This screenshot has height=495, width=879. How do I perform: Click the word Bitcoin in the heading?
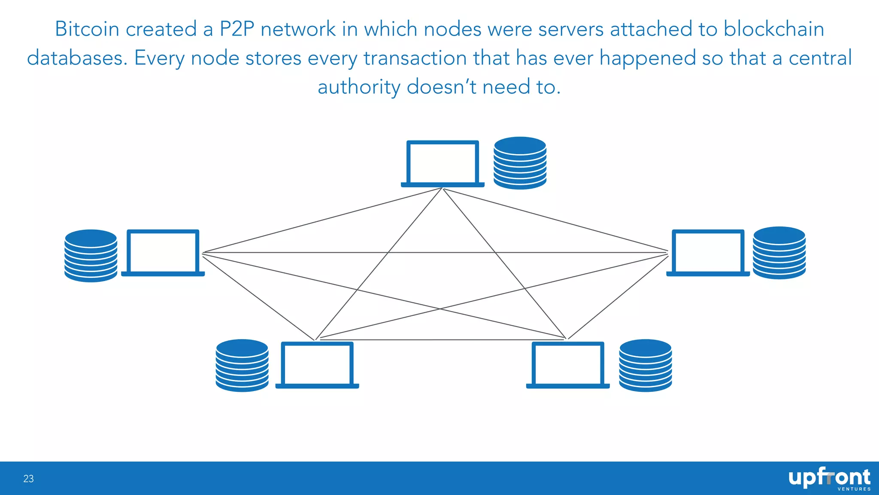coord(87,29)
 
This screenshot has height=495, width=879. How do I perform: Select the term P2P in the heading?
coord(237,29)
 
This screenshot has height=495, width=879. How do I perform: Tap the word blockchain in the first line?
coord(773,29)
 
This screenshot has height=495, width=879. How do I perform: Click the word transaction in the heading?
coord(415,58)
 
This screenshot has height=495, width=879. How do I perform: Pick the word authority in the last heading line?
coord(359,87)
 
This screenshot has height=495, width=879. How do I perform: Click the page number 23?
coord(28,479)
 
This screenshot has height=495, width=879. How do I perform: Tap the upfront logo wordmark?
coord(829,477)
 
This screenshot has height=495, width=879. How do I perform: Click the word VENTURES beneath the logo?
coord(854,489)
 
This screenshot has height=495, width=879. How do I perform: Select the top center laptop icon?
coord(443,164)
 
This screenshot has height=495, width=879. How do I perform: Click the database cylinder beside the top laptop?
coord(520,163)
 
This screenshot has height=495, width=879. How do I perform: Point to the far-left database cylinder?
coord(91,256)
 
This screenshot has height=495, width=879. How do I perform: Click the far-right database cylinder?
coord(779,253)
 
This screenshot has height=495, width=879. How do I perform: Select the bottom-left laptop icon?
coord(317,365)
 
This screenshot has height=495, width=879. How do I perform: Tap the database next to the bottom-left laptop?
coord(242,365)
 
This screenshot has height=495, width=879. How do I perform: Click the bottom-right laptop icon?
coord(568,365)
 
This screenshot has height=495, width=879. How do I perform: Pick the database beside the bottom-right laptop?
coord(645,365)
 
